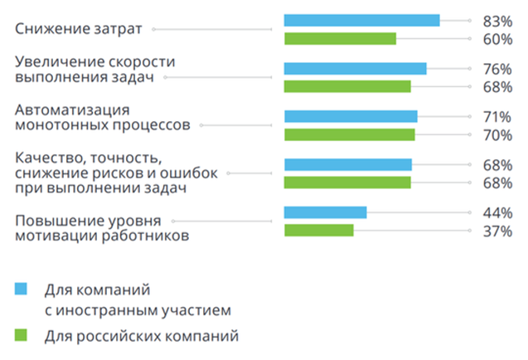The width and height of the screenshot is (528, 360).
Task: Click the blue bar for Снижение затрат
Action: click(361, 20)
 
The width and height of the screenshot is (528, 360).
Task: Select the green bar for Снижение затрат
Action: click(340, 38)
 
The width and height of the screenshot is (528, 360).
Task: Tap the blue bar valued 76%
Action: click(355, 69)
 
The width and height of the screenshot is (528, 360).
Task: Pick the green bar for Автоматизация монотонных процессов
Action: click(349, 134)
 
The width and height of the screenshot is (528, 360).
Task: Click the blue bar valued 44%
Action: click(325, 212)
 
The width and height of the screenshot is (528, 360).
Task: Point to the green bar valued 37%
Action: click(318, 230)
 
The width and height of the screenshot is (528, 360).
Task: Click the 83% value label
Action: click(497, 20)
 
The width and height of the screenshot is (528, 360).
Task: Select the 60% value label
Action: click(497, 38)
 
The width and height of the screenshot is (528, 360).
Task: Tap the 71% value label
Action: click(497, 116)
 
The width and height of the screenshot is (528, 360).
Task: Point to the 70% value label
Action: click(497, 134)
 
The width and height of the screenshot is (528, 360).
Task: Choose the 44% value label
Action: click(497, 212)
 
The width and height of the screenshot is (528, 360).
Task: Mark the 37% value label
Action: click(497, 231)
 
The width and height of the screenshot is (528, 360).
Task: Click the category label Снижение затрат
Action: click(79, 29)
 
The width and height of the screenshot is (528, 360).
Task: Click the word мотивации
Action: click(55, 236)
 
